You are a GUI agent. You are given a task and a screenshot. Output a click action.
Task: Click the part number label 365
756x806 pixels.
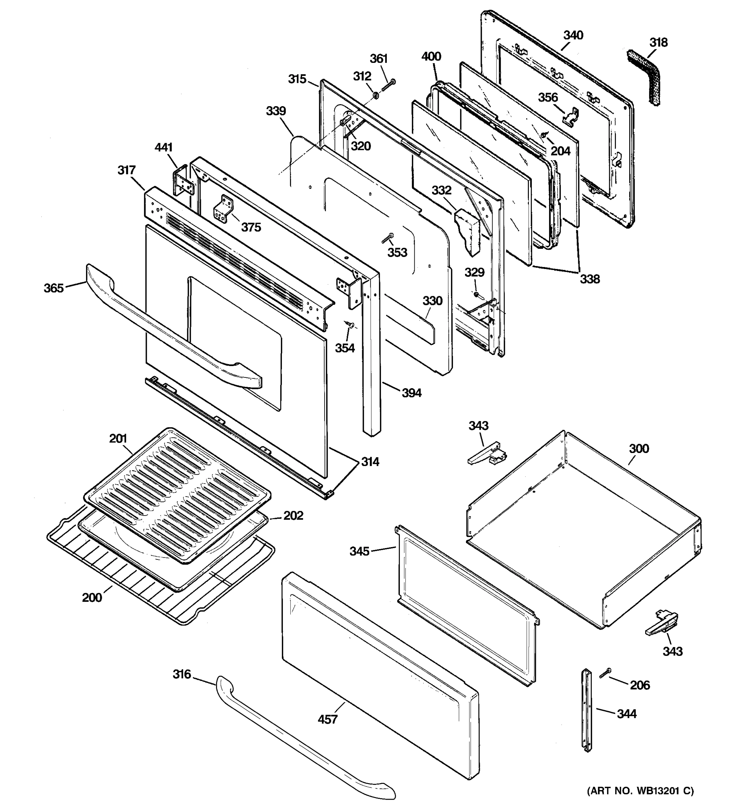coord(53,288)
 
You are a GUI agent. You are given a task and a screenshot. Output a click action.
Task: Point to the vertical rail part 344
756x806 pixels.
coord(587,710)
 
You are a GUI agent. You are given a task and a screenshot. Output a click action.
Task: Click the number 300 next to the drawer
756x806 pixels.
coord(639,449)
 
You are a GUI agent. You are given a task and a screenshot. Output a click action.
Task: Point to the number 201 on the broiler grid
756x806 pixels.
coord(118,439)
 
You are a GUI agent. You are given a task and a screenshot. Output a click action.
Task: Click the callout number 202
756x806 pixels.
coord(293,515)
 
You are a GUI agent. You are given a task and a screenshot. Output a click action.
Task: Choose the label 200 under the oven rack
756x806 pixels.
coord(92,597)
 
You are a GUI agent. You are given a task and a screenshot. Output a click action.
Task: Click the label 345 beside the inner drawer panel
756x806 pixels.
coord(359,551)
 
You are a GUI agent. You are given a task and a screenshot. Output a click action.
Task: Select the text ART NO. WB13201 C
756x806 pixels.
coord(640,791)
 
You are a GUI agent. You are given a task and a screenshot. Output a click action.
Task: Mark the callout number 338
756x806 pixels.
coord(589,279)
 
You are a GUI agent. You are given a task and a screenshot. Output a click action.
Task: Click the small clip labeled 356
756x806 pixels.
coord(570,116)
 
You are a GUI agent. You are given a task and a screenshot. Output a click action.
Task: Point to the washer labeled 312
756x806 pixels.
coord(376,95)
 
